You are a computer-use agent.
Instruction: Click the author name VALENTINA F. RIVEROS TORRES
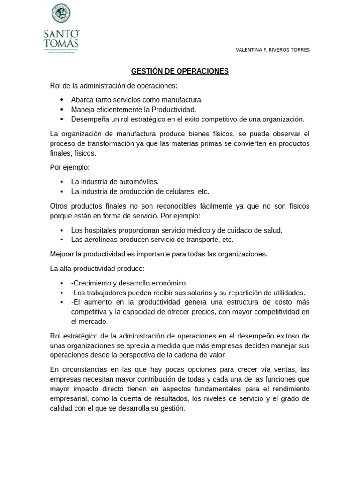pos(272,50)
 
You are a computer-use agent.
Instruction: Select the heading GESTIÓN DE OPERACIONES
pos(180,71)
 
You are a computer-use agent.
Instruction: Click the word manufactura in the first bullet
pos(181,100)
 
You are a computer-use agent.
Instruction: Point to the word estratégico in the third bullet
pos(135,119)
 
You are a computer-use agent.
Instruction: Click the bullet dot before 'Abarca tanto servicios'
pos(62,100)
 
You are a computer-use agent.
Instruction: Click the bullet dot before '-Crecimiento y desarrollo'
pos(62,283)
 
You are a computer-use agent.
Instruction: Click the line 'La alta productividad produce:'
pos(97,269)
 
